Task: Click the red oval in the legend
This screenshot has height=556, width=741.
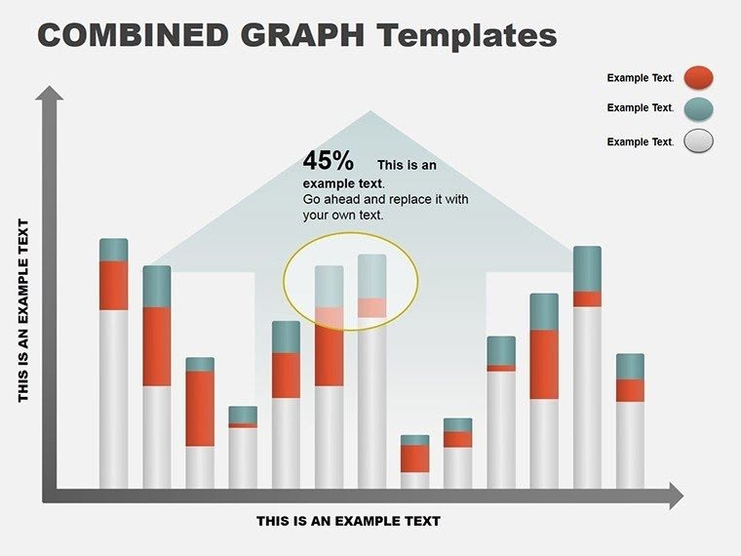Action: tap(698, 78)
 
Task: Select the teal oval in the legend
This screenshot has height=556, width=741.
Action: tap(698, 108)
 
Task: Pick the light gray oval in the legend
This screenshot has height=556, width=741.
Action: tap(698, 141)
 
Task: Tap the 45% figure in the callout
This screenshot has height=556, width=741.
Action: tap(328, 161)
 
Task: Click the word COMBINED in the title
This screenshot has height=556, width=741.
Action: tap(132, 35)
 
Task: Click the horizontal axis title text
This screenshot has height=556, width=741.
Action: tap(348, 521)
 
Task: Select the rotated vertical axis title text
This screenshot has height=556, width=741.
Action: tap(24, 310)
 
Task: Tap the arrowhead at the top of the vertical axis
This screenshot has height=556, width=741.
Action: tap(50, 94)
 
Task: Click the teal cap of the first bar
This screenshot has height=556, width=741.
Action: tap(114, 250)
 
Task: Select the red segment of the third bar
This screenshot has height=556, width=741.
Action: tap(200, 409)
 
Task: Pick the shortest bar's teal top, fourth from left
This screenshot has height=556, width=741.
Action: tap(243, 415)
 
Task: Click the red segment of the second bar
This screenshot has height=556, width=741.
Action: tap(157, 346)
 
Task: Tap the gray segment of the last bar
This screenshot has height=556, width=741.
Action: tap(630, 444)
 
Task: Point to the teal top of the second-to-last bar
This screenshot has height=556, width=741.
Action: tap(587, 268)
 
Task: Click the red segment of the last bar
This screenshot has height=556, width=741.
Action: tap(630, 390)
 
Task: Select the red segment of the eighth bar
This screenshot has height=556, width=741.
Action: tap(414, 458)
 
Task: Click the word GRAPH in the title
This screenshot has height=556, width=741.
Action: tap(300, 35)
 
